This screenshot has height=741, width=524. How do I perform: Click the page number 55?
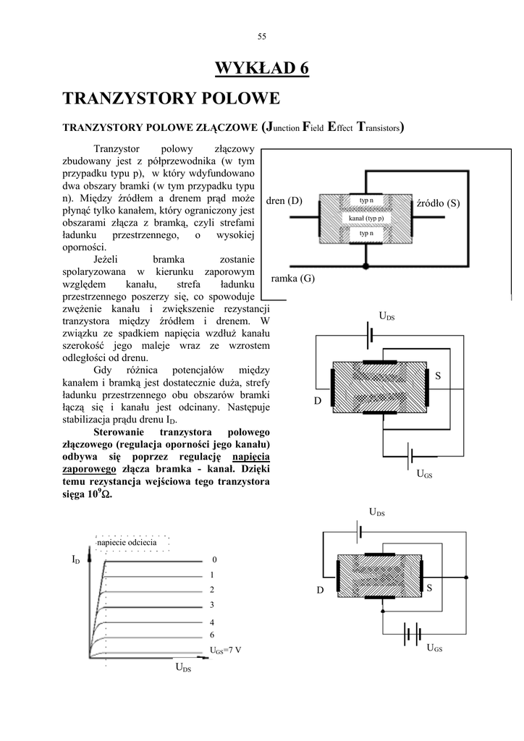(262, 37)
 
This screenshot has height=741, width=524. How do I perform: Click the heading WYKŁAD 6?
(262, 69)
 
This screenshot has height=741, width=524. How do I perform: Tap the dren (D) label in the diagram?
(284, 200)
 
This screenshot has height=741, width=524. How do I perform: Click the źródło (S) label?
(439, 203)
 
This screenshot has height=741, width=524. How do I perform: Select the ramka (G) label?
(292, 278)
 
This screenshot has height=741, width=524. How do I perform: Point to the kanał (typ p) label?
(365, 218)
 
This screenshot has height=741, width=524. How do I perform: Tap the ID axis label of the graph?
(75, 560)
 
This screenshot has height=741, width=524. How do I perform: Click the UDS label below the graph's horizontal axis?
(183, 669)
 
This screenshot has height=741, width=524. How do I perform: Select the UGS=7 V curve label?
(225, 650)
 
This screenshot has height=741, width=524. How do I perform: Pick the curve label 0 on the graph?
(214, 560)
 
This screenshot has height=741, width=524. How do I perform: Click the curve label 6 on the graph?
(212, 635)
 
